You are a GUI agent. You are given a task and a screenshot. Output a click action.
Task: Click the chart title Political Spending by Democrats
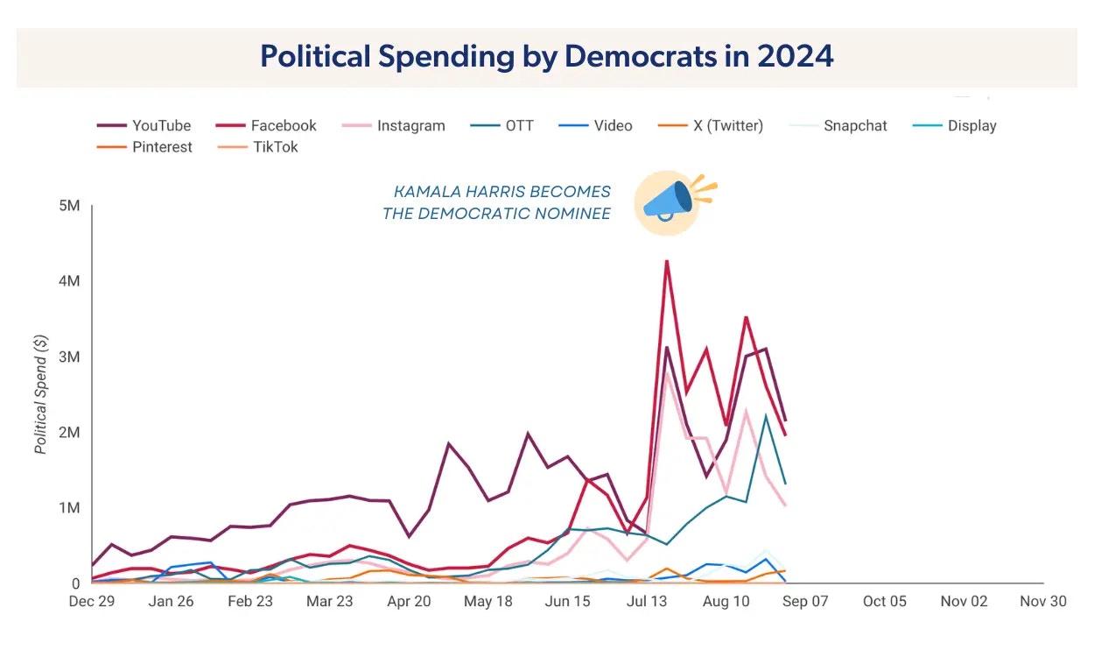tap(547, 56)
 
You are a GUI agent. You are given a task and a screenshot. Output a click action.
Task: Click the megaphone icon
tap(667, 201)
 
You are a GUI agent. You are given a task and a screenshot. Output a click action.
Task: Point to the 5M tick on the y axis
tap(70, 206)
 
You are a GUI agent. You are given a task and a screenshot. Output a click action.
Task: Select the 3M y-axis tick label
tap(70, 357)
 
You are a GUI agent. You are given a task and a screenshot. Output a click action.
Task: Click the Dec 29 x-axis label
tap(91, 602)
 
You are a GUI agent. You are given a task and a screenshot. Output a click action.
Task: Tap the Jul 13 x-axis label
tap(649, 602)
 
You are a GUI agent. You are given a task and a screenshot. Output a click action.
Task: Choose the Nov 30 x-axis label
tap(1043, 602)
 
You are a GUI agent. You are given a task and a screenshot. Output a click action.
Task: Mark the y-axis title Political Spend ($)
tap(41, 394)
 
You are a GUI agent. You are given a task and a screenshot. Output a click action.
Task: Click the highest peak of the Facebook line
tap(667, 261)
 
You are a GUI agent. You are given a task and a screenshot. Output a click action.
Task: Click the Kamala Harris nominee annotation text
tap(497, 202)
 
